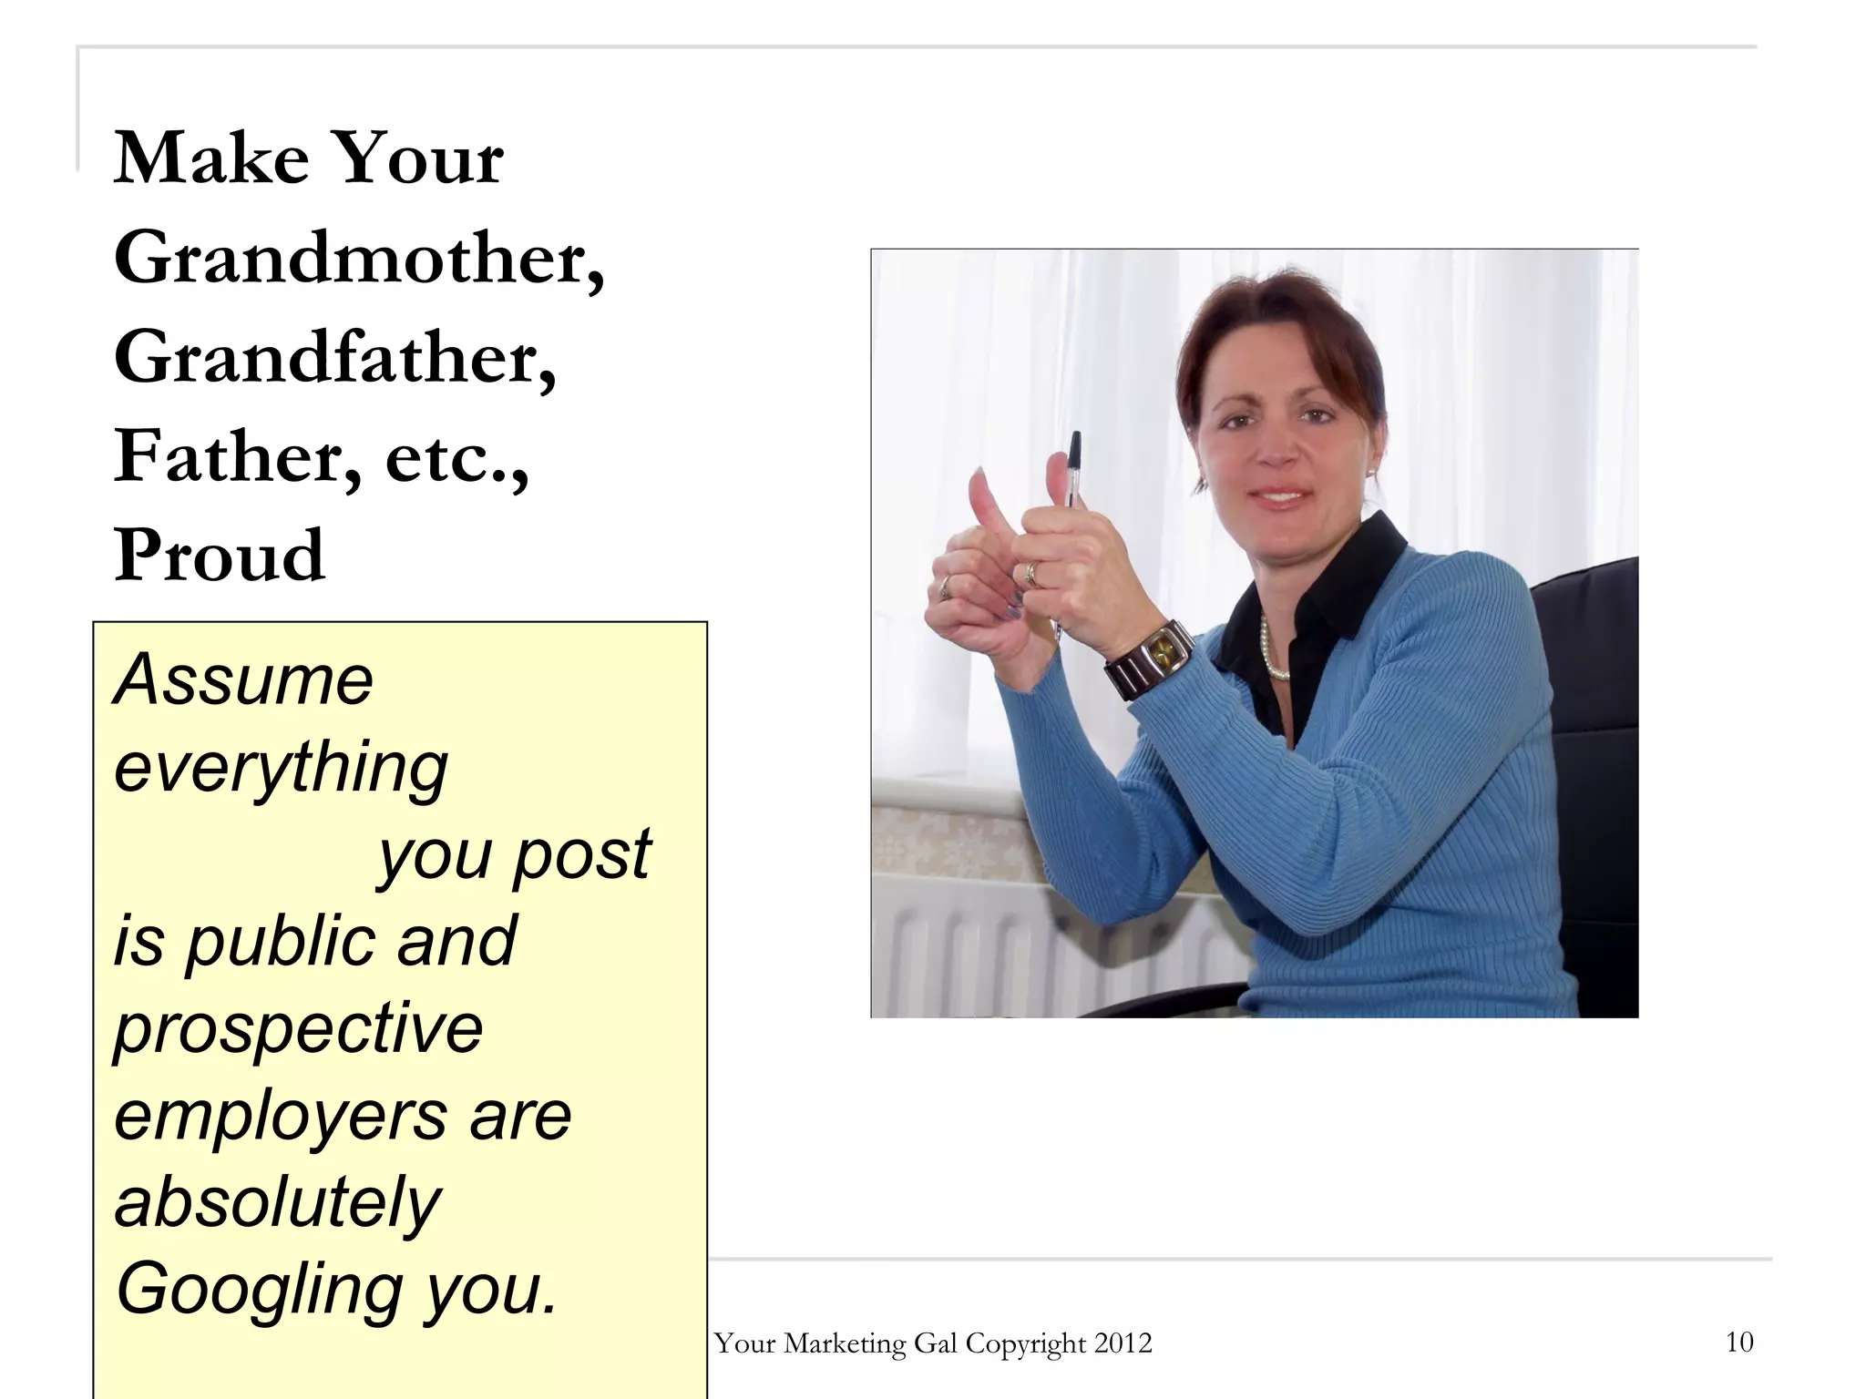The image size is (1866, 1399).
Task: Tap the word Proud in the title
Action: coord(219,556)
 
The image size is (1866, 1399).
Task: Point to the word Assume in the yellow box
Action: coord(243,680)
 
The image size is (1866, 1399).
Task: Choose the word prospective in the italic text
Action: coord(298,1029)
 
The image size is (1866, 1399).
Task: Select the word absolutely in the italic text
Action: coord(277,1203)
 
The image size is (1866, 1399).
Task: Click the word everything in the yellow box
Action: coord(281,768)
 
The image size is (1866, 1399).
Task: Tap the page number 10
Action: coord(1739,1342)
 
